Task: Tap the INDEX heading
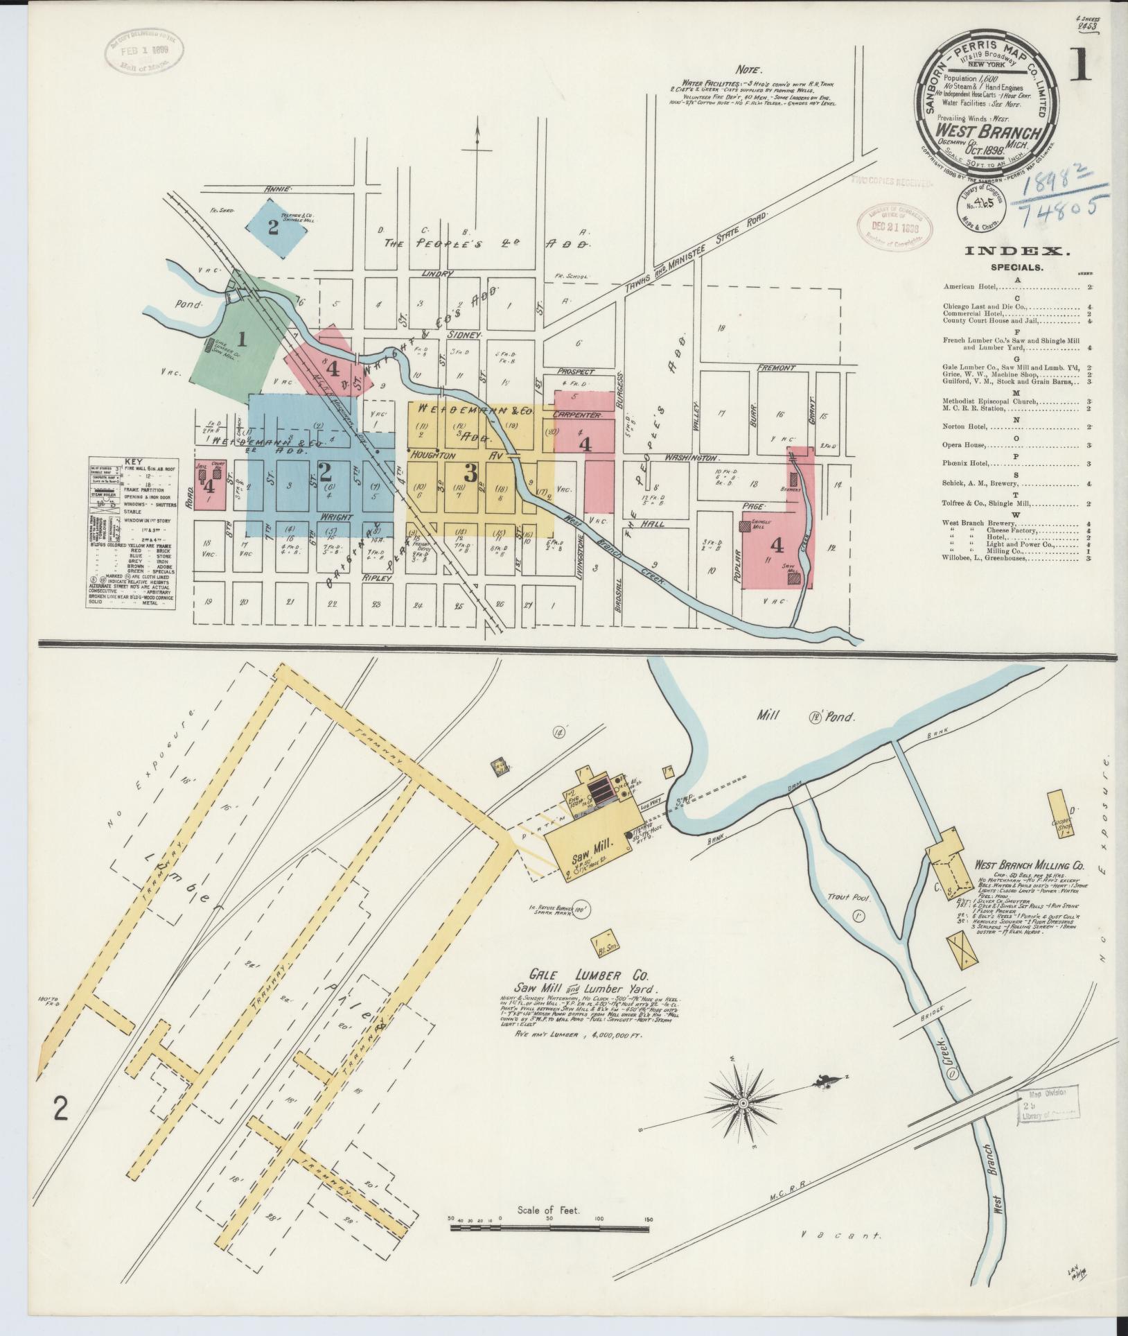coord(1007,252)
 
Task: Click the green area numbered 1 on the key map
coord(242,340)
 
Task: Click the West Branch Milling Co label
coord(1029,865)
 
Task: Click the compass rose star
coord(743,1122)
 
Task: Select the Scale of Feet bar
coord(552,1248)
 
